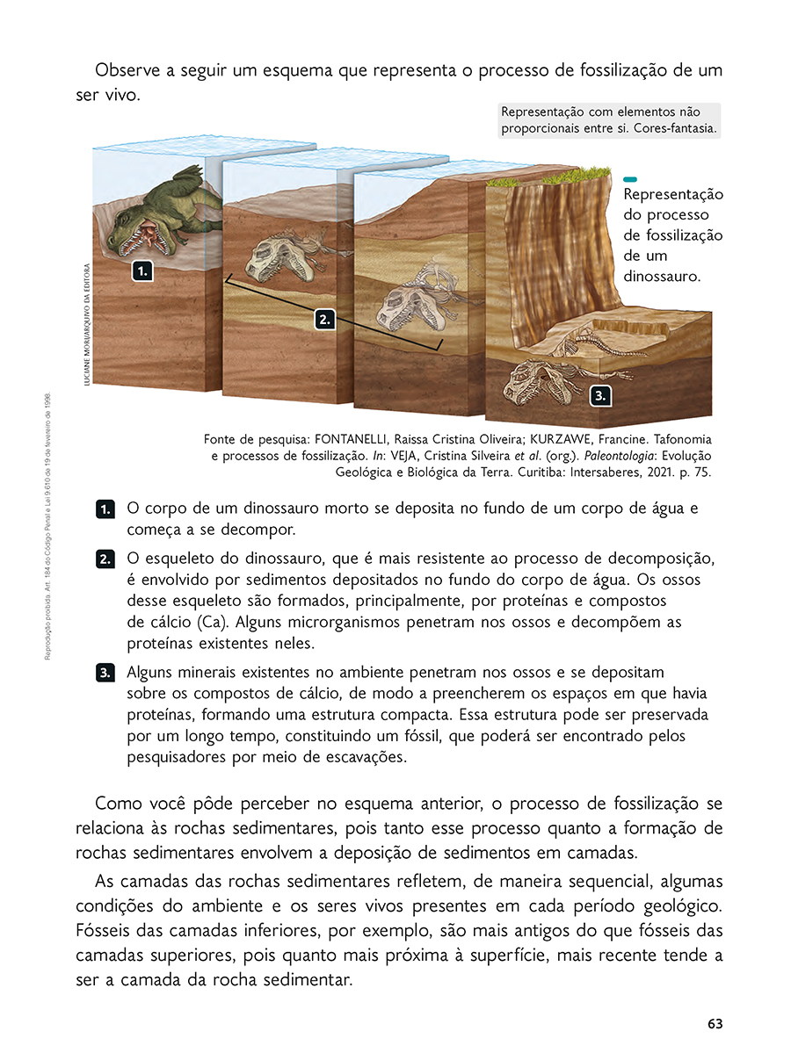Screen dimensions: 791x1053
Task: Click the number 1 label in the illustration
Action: [x=142, y=271]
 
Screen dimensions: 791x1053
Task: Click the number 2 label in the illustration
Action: [x=324, y=320]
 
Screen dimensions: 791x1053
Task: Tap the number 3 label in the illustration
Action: [x=600, y=396]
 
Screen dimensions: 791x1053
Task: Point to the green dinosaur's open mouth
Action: [x=147, y=238]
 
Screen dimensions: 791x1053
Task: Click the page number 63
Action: [x=715, y=1024]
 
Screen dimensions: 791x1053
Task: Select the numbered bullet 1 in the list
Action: [x=105, y=509]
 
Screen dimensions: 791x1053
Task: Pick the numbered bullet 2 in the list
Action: [x=105, y=559]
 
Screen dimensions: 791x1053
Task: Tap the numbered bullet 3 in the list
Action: [x=105, y=673]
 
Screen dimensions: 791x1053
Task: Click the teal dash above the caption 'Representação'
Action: [x=629, y=179]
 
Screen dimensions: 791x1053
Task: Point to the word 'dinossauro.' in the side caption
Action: [x=662, y=276]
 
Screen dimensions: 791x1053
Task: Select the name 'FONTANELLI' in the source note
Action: [x=351, y=439]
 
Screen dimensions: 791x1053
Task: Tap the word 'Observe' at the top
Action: [x=127, y=70]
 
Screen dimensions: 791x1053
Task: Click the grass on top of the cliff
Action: [x=548, y=179]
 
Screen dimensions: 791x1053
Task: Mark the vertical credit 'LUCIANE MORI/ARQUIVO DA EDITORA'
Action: [x=87, y=324]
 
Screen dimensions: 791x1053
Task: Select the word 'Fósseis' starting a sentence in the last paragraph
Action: [x=107, y=931]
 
